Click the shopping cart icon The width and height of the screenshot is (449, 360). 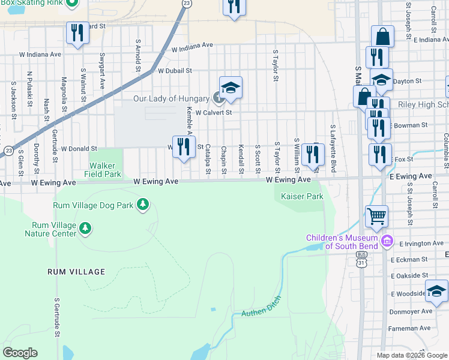click(x=376, y=215)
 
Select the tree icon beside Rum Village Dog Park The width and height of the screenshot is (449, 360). click(x=143, y=205)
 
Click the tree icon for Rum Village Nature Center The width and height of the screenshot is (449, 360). click(x=85, y=228)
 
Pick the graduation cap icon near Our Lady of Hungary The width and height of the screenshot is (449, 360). click(x=231, y=88)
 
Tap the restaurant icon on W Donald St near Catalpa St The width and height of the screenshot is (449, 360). click(x=184, y=146)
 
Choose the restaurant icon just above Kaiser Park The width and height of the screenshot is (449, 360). click(x=311, y=154)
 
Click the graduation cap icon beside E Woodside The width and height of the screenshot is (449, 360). click(x=436, y=291)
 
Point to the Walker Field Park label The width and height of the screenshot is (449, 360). click(x=105, y=170)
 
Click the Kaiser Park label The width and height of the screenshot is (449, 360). click(x=302, y=196)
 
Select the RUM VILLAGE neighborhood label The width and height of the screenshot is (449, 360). click(x=76, y=272)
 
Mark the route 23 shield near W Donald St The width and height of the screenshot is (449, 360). click(x=8, y=151)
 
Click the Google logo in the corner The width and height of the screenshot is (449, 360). click(x=20, y=353)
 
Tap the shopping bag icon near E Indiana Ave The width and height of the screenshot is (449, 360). click(x=382, y=37)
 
